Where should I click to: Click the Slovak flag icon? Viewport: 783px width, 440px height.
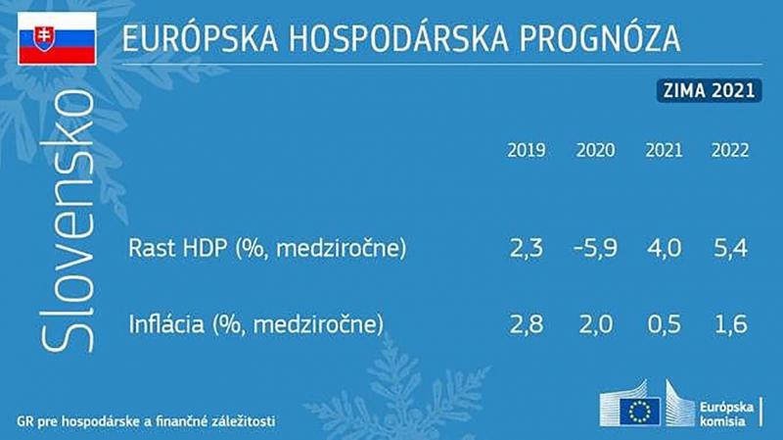(57, 39)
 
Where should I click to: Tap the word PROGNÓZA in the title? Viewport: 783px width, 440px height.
(600, 38)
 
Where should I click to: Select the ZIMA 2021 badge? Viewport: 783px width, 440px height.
(709, 90)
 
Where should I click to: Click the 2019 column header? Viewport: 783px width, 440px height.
(527, 151)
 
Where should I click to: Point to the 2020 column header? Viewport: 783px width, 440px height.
(595, 151)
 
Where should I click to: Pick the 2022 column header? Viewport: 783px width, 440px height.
(730, 151)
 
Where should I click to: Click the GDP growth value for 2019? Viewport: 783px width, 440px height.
(527, 249)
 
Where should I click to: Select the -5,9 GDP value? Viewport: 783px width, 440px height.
(595, 249)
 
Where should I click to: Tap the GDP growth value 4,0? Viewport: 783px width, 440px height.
(664, 249)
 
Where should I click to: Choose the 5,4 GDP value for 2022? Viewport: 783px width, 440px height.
(730, 249)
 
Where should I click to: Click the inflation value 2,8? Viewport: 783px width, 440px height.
(527, 324)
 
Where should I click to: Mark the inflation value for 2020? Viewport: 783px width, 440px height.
(596, 324)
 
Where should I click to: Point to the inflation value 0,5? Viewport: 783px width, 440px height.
(665, 324)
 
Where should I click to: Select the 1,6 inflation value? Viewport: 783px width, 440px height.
(731, 324)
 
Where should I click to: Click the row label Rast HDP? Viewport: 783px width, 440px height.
(177, 248)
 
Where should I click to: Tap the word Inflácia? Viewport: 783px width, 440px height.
(166, 324)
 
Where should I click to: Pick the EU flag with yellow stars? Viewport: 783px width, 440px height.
(640, 412)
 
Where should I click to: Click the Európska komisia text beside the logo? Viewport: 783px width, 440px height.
(726, 414)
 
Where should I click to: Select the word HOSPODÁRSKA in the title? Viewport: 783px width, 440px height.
(398, 38)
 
